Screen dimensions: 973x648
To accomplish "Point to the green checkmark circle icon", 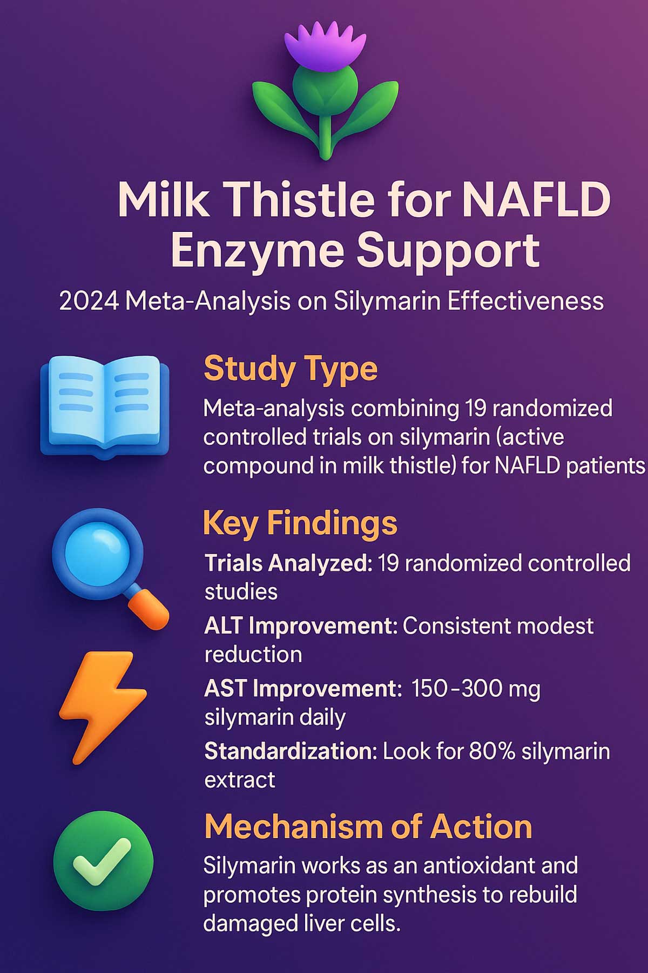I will (x=103, y=862).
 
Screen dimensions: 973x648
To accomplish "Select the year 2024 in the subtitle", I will (x=89, y=301).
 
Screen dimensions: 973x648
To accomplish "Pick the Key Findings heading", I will (x=300, y=523).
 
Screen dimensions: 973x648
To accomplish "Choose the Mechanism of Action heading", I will (x=368, y=827).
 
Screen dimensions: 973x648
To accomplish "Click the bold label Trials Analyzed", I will (x=288, y=563).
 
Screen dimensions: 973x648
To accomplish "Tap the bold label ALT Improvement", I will (x=301, y=626).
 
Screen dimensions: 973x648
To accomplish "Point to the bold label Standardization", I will (x=291, y=751).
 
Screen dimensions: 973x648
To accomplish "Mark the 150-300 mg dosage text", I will (x=475, y=689).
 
